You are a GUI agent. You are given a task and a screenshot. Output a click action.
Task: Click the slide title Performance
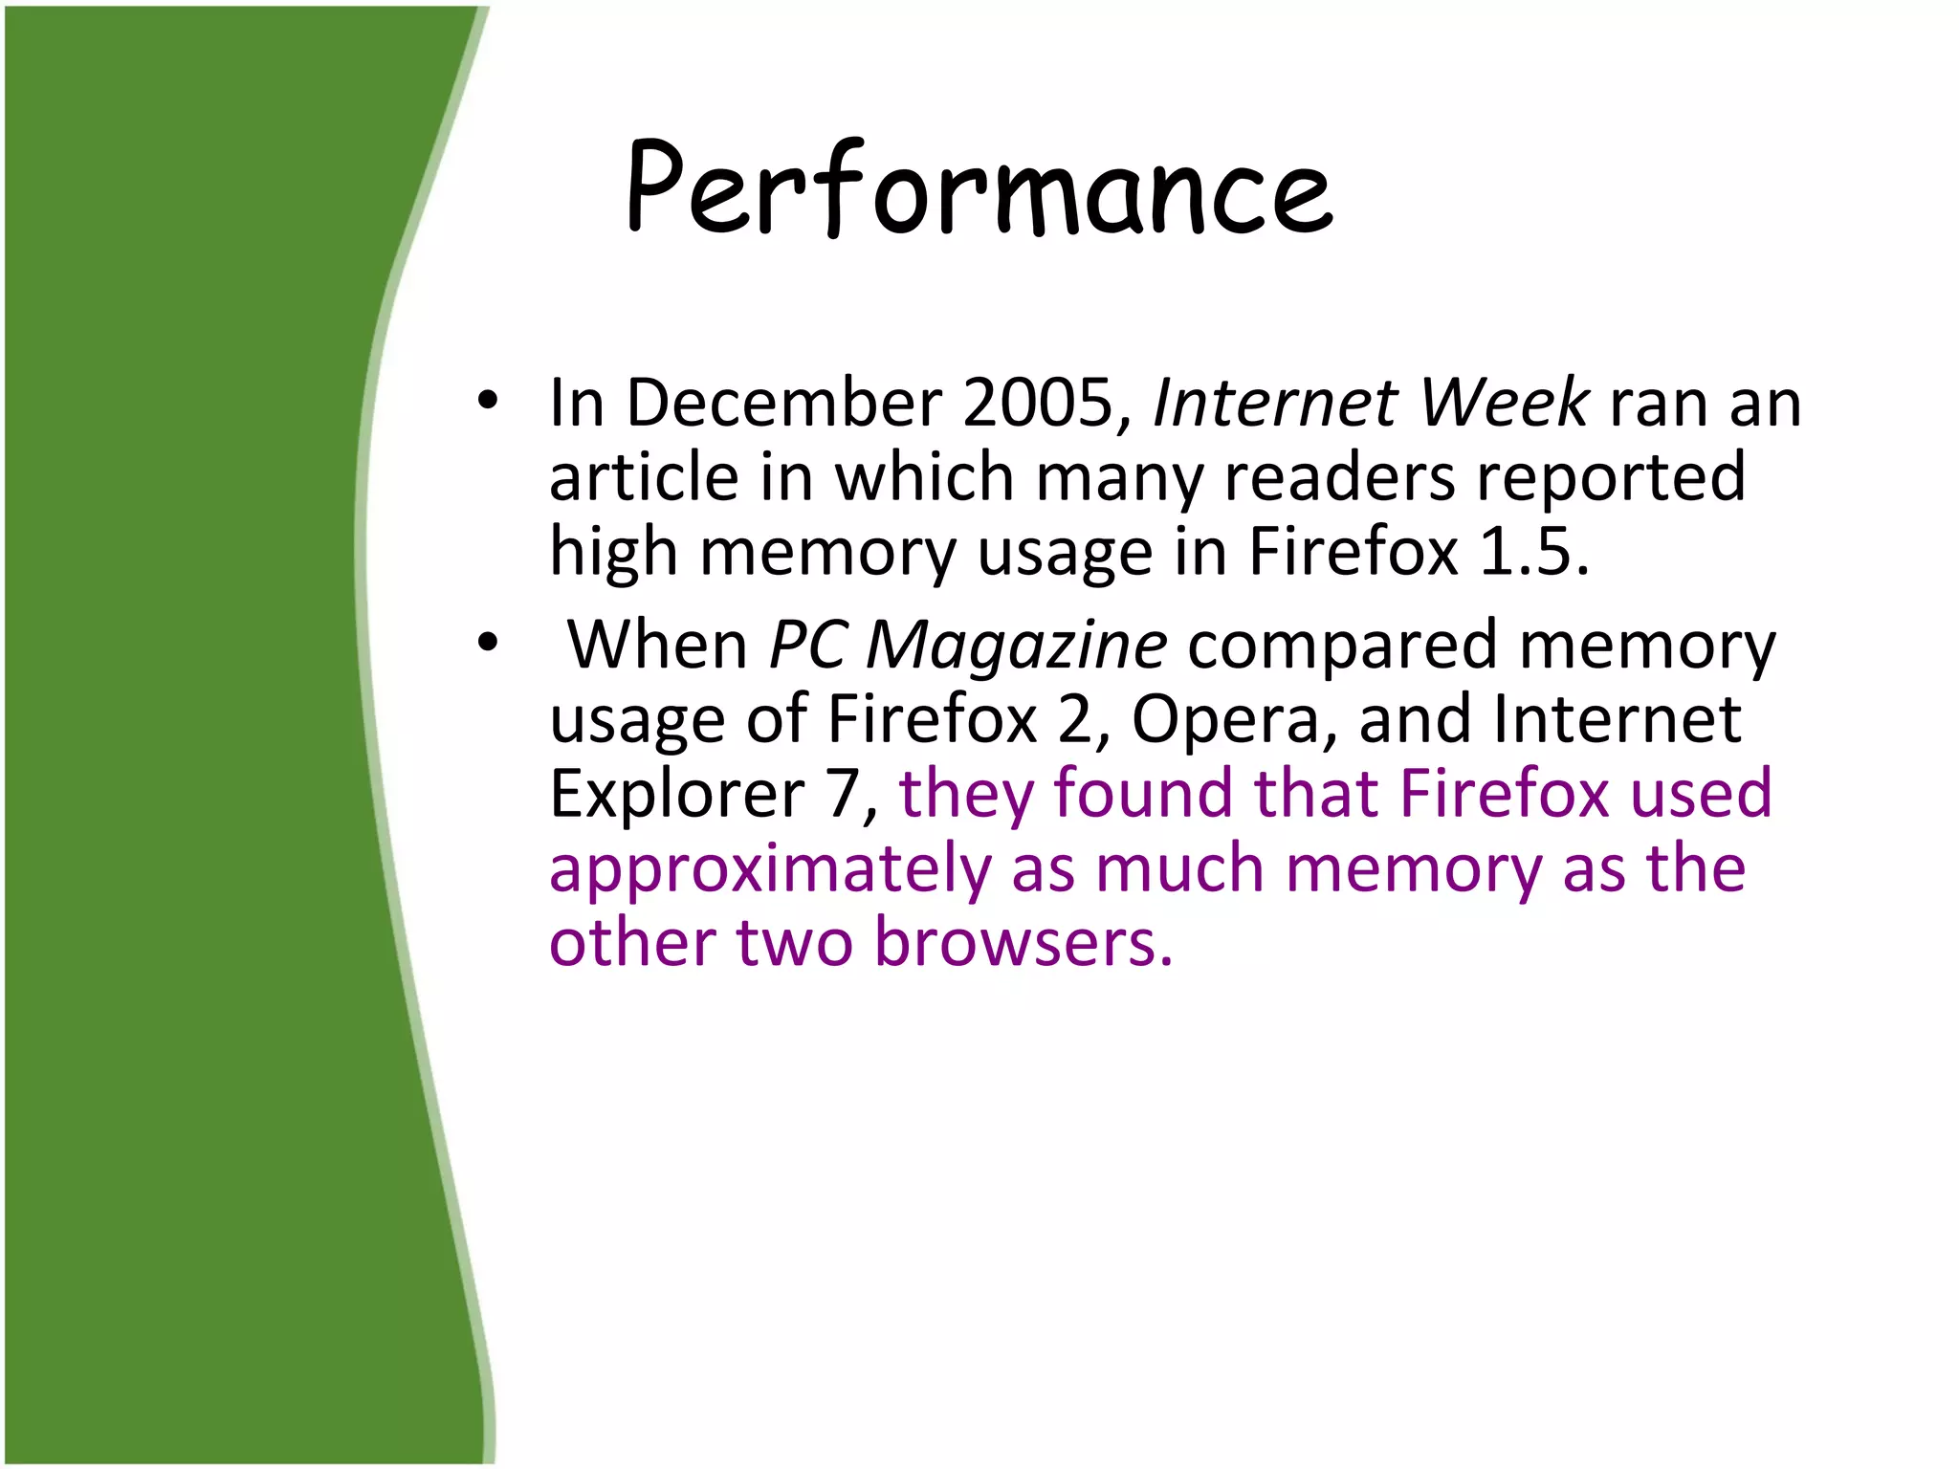979,188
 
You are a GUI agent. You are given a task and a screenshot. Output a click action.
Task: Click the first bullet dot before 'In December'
488,402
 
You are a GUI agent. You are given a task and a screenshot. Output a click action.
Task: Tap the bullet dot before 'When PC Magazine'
488,644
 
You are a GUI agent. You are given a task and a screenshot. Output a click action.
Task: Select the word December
784,403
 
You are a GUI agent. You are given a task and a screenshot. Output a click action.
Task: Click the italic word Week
1505,403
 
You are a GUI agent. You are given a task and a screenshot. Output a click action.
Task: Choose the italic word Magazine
1016,646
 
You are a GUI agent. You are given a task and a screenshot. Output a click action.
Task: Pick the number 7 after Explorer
847,794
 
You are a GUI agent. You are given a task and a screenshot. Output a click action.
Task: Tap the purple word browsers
1024,942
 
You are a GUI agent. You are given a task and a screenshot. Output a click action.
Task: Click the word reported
1612,477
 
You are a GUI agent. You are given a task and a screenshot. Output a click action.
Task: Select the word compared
1342,646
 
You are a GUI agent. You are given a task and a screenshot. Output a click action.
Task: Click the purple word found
1143,794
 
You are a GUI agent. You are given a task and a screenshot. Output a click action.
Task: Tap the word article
644,477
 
